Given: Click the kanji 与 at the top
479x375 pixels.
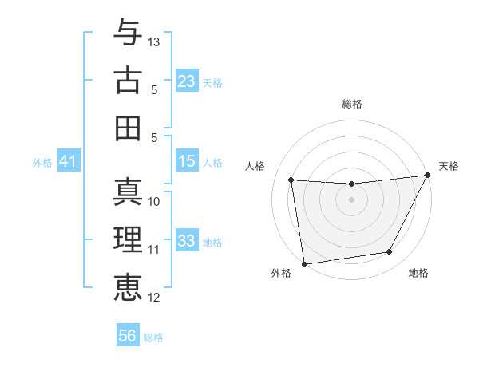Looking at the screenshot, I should (128, 33).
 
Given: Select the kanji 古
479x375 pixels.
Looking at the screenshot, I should (128, 81).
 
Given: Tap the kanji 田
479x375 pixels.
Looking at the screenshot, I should (128, 128).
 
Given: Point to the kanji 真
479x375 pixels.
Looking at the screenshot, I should (128, 192).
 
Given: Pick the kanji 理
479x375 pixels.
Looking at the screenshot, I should (128, 240).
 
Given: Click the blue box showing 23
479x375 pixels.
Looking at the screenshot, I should (187, 81).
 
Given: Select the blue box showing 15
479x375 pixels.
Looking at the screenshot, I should (187, 161).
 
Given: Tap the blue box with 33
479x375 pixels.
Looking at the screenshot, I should (187, 241).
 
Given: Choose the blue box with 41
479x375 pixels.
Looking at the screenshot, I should (69, 161).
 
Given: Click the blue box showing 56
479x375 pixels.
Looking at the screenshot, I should (128, 336).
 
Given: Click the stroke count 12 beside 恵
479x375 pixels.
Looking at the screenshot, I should (154, 298).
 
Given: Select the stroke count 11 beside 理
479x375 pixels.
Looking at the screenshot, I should (154, 250).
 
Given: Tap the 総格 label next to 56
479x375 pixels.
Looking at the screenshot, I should (153, 337).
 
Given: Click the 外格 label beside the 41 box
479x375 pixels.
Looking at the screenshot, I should (42, 163).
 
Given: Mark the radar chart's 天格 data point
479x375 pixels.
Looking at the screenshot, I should (427, 176).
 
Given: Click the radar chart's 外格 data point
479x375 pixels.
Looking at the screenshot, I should (304, 263).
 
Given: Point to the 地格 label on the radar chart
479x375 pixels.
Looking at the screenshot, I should (418, 274).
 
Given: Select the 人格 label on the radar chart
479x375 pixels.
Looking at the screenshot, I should (255, 166).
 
